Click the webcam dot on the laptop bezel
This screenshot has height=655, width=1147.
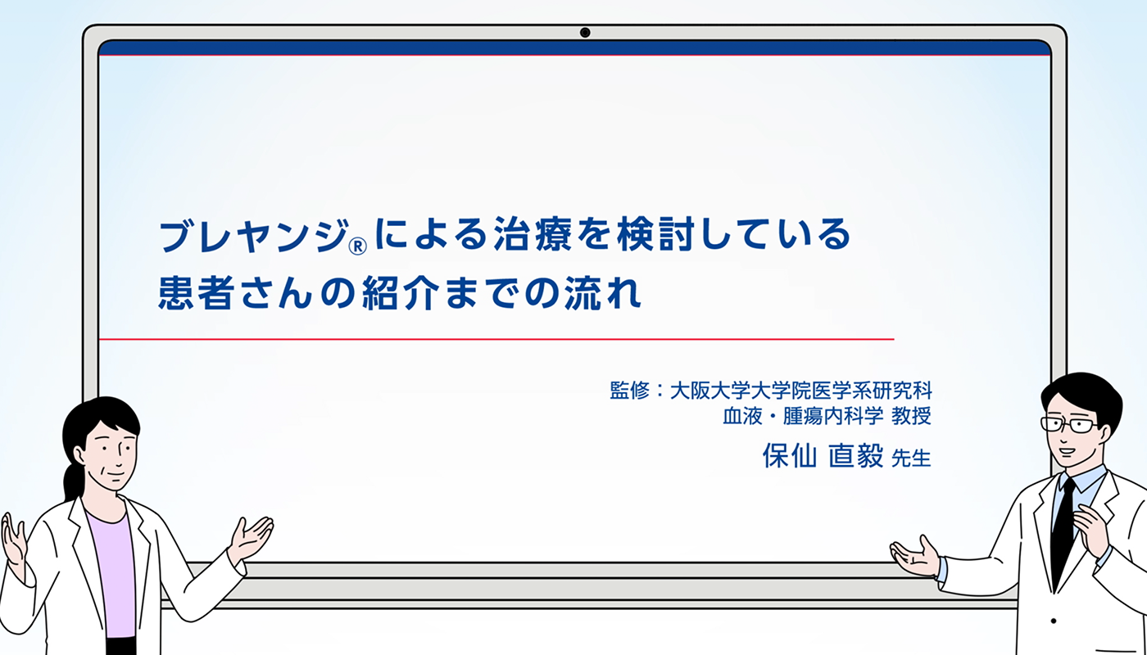[x=585, y=33]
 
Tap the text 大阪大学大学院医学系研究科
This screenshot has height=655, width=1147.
[x=800, y=390]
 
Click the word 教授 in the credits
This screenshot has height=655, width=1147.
[x=910, y=416]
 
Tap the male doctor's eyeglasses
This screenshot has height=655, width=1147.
[x=1069, y=424]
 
